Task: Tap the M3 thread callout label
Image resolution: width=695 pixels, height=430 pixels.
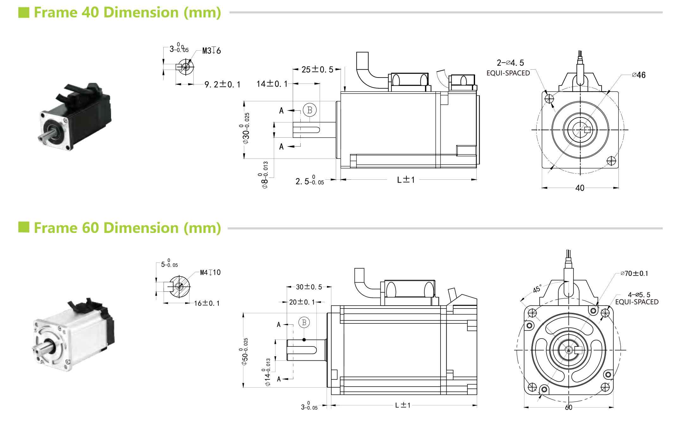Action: pyautogui.click(x=211, y=51)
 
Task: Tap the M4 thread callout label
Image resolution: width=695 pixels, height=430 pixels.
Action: pyautogui.click(x=210, y=272)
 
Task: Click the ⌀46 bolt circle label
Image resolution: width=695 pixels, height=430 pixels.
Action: pyautogui.click(x=638, y=75)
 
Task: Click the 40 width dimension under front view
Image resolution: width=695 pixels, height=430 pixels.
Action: pyautogui.click(x=580, y=188)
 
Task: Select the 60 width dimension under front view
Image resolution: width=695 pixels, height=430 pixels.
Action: pyautogui.click(x=568, y=408)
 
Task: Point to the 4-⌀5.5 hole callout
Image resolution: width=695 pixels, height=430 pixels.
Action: pyautogui.click(x=639, y=295)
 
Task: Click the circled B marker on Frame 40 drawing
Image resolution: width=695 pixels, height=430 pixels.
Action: pyautogui.click(x=310, y=110)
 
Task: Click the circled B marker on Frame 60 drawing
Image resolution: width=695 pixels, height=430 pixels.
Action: pyautogui.click(x=304, y=322)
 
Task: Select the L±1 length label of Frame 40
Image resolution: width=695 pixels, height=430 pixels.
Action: pyautogui.click(x=406, y=180)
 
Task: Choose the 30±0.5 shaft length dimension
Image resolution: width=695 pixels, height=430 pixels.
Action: pyautogui.click(x=309, y=287)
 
